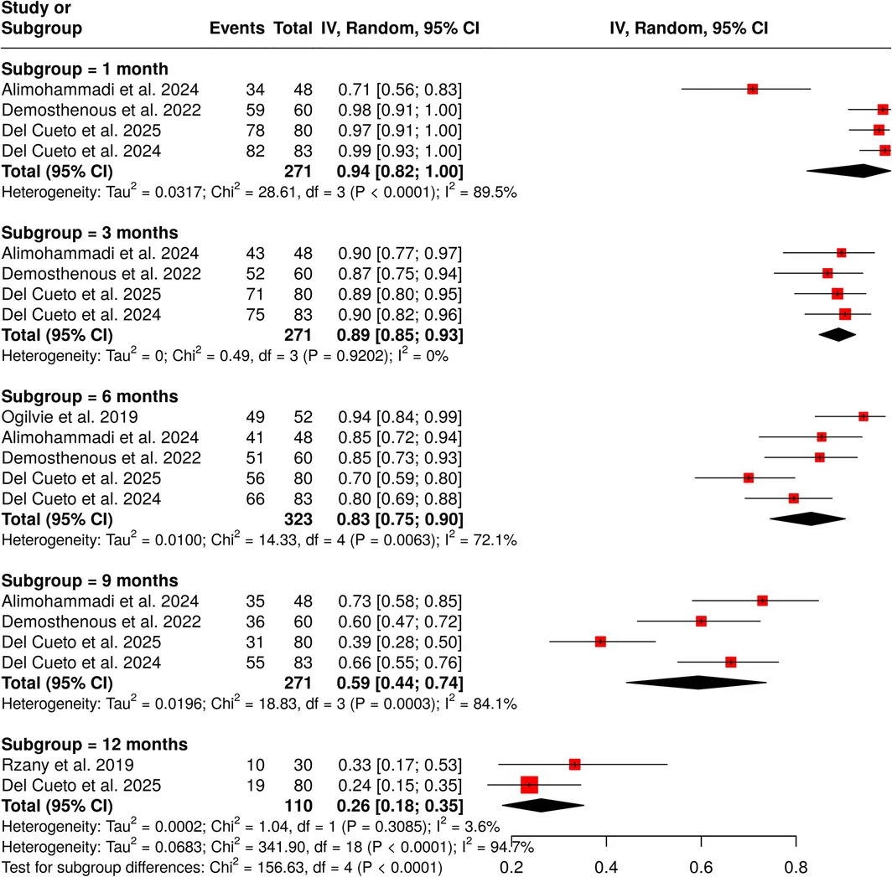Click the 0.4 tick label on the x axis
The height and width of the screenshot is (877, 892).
606,867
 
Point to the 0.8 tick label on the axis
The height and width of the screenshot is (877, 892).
796,867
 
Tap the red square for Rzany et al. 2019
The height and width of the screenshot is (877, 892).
574,765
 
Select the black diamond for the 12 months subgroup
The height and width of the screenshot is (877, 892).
542,806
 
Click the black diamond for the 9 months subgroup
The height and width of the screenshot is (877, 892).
697,683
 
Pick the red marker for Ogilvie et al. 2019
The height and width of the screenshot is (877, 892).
863,416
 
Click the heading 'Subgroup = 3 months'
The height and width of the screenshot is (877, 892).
90,233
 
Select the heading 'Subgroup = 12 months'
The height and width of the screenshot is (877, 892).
95,744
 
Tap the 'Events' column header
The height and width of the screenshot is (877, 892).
236,28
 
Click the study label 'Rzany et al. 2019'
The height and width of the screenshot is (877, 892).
68,765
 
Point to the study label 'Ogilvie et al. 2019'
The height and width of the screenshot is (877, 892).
70,416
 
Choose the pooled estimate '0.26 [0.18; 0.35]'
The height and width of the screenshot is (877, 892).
400,806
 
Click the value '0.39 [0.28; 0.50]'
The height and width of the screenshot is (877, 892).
400,642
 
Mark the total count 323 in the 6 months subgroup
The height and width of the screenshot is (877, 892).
298,519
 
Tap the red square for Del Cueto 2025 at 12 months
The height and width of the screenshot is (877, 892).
529,785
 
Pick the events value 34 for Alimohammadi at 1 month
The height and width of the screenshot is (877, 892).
255,90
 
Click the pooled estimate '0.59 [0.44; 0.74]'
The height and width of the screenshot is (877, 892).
400,683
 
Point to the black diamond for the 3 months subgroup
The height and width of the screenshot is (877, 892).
838,335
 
